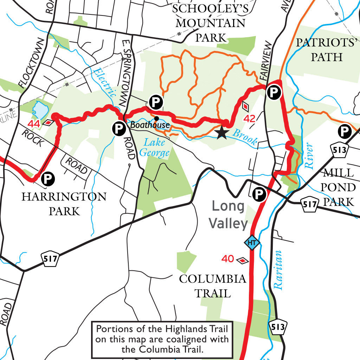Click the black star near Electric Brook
pos(221,133)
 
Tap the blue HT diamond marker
pos(251,243)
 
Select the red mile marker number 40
pos(228,259)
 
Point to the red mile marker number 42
pos(249,119)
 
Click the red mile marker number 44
pos(34,124)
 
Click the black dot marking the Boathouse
pos(156,118)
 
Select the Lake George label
pos(155,148)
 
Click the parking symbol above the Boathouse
pos(155,102)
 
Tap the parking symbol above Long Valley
pos(259,194)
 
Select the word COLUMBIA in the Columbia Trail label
pos(212,279)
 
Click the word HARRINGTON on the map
pos(64,197)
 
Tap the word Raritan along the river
pos(278,270)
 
